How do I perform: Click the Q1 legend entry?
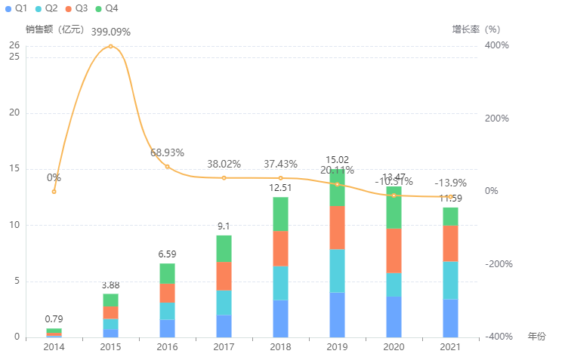(16, 8)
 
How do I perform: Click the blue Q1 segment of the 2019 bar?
(337, 315)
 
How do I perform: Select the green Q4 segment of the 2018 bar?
(280, 214)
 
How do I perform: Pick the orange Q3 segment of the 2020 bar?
(394, 251)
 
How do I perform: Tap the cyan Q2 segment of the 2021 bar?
(450, 280)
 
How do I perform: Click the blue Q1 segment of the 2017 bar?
(224, 326)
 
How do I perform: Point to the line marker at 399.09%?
(111, 46)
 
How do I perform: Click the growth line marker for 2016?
(168, 167)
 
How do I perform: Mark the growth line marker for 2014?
(54, 192)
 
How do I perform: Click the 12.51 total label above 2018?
(280, 187)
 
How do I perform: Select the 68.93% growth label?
(167, 152)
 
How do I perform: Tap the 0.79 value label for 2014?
(54, 319)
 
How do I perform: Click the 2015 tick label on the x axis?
(110, 346)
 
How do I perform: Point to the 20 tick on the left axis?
(14, 113)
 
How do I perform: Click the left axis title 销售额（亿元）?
(55, 29)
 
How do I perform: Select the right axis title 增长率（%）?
(476, 29)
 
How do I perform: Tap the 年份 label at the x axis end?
(536, 336)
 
